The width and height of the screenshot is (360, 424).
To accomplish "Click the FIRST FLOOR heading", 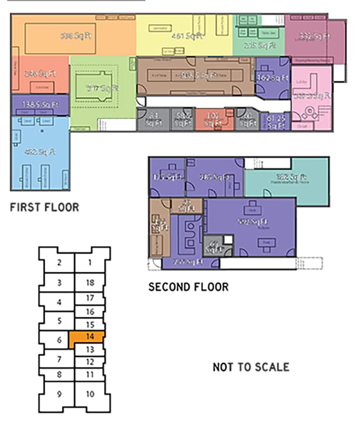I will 44,207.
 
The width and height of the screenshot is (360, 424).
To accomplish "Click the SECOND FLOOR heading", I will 188,287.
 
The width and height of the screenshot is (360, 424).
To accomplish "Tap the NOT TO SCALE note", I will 251,367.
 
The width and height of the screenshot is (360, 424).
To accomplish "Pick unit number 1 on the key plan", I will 89,263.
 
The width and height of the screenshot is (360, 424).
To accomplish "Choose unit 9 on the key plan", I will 59,394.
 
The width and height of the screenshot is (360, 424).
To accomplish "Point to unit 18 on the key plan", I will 90,283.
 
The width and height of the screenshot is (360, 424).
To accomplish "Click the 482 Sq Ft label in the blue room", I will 40,152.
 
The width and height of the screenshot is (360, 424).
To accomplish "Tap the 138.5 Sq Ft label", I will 41,103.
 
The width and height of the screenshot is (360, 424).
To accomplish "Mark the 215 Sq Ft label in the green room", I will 260,46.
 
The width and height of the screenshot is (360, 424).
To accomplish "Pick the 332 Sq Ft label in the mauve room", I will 315,36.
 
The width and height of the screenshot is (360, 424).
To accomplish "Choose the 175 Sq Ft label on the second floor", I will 168,177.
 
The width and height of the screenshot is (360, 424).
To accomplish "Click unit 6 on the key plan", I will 60,340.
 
